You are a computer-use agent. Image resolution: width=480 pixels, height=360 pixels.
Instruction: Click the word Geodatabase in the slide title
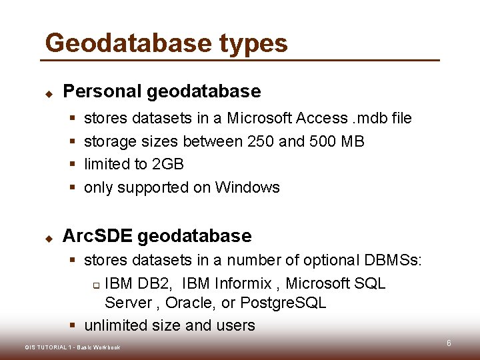(127, 43)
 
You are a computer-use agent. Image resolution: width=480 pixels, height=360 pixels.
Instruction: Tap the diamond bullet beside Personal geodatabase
(49, 93)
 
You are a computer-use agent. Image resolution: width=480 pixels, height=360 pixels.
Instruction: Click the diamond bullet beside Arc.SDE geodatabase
(49, 237)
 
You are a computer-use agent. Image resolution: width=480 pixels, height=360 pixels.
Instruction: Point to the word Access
(322, 118)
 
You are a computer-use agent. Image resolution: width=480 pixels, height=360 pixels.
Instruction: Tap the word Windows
(247, 187)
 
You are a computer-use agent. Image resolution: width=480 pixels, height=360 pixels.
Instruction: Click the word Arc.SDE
(97, 236)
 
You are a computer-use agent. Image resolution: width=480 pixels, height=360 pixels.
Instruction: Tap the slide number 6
(449, 343)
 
